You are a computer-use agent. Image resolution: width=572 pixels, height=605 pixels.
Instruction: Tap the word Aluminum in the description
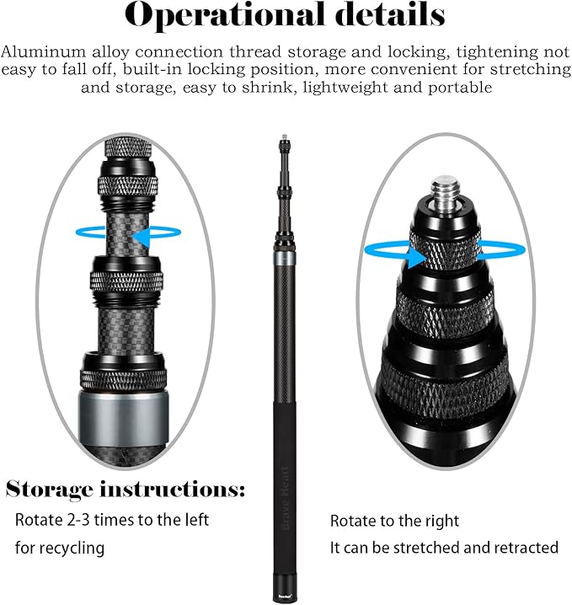click(x=43, y=51)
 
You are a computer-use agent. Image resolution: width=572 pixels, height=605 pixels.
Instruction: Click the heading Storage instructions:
click(x=126, y=490)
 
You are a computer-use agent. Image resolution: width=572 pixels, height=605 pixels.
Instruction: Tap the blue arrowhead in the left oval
click(x=141, y=236)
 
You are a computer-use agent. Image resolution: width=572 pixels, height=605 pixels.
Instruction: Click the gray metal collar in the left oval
click(x=124, y=417)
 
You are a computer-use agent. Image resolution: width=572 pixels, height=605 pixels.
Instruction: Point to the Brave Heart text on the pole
click(x=285, y=498)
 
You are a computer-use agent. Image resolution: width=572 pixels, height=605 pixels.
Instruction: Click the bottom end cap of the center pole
click(x=285, y=592)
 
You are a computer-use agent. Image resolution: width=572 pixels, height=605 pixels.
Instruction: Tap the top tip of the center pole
click(x=285, y=137)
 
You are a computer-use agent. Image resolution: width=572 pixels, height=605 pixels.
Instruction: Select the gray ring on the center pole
click(x=285, y=258)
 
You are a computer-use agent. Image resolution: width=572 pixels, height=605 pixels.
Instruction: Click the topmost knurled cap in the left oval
click(x=128, y=148)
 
